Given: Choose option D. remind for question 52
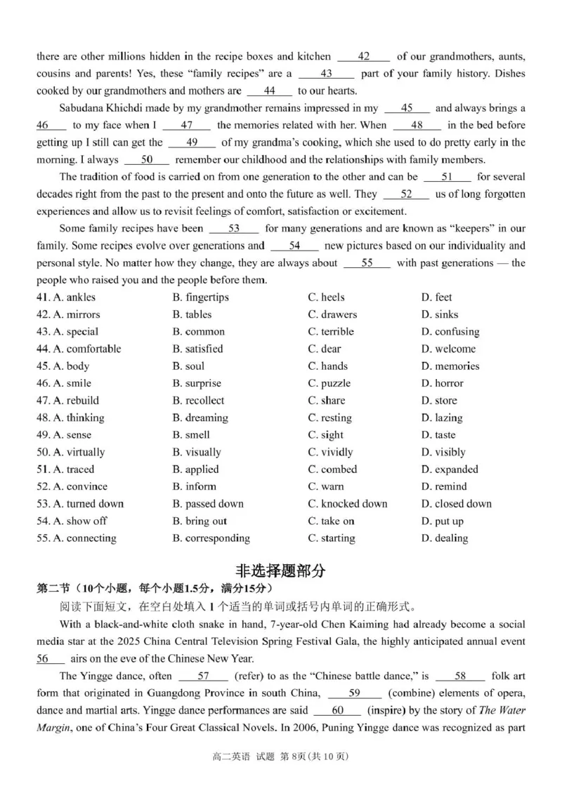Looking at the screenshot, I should tap(444, 486).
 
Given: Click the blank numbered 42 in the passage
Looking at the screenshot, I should tap(363, 57).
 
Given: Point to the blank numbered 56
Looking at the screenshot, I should tap(50, 659).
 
